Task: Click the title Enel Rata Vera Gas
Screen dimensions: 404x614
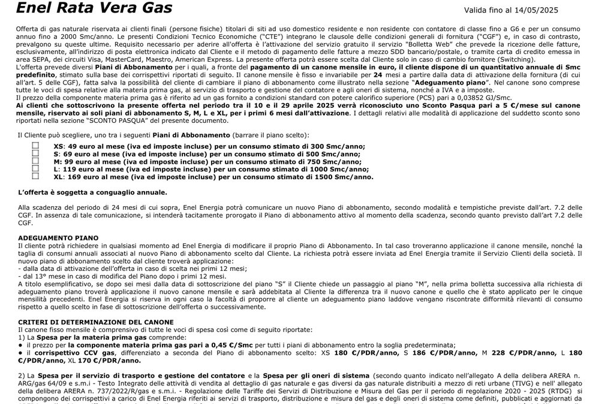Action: click(94, 8)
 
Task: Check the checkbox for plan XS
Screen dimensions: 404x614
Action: click(35, 146)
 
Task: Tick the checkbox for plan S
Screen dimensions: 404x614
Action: click(35, 153)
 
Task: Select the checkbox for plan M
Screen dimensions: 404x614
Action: click(35, 161)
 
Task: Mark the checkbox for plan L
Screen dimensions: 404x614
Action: click(35, 169)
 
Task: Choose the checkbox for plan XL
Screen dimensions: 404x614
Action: click(35, 177)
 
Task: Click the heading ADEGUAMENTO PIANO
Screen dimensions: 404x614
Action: click(58, 238)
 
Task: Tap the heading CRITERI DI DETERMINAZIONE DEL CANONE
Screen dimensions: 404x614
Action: click(96, 322)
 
